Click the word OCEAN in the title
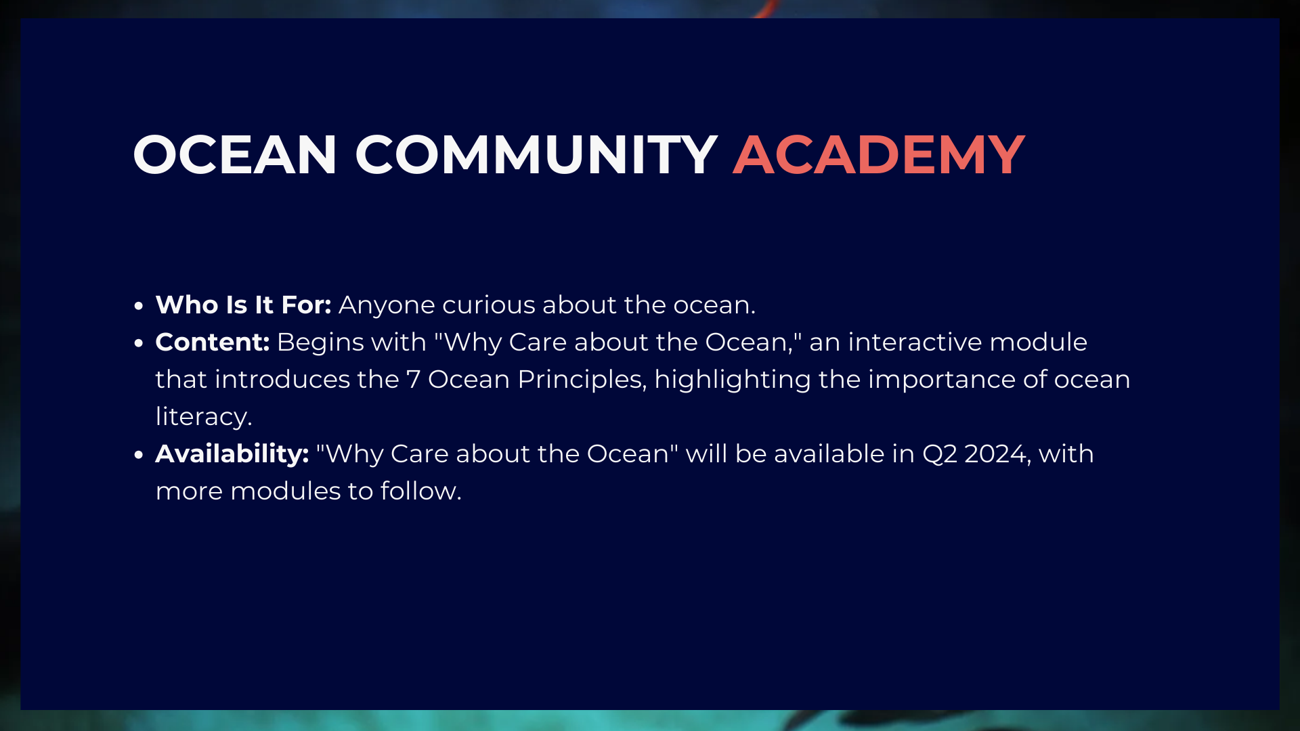pyautogui.click(x=235, y=155)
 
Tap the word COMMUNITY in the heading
pyautogui.click(x=536, y=155)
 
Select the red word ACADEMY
pyautogui.click(x=879, y=155)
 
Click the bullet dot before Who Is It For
pyautogui.click(x=139, y=306)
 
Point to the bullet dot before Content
pyautogui.click(x=139, y=343)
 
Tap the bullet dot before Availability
pyautogui.click(x=139, y=455)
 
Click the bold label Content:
pyautogui.click(x=213, y=342)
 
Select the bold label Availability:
pyautogui.click(x=232, y=453)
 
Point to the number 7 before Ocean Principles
pyautogui.click(x=413, y=380)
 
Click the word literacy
pyautogui.click(x=204, y=417)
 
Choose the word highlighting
pyautogui.click(x=733, y=380)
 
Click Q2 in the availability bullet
pyautogui.click(x=940, y=454)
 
